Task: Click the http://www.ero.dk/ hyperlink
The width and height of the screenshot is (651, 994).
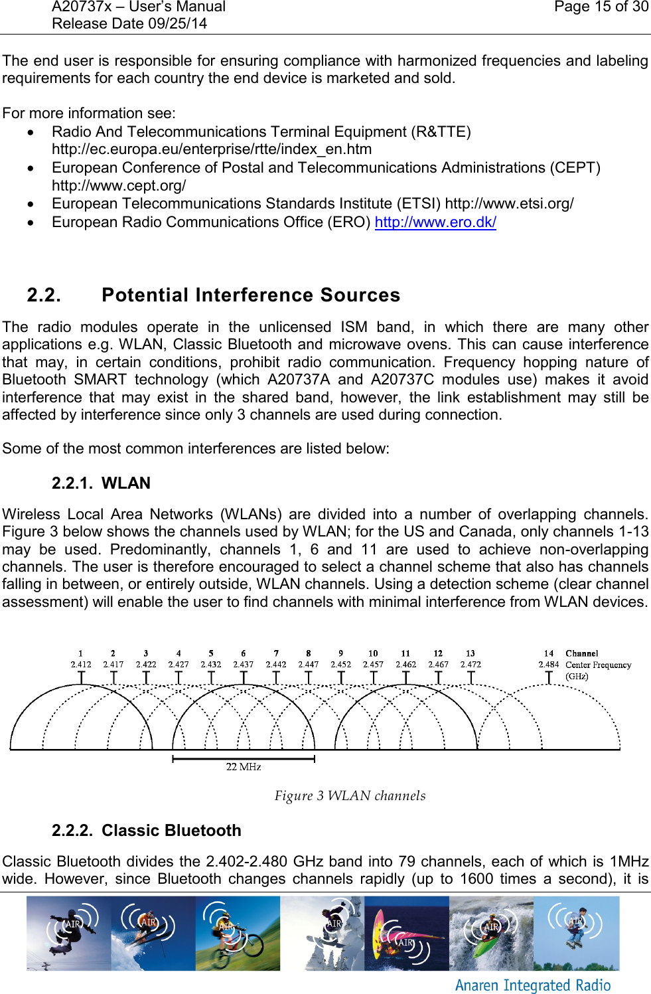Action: [435, 222]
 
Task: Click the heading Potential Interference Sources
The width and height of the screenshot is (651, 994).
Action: [251, 295]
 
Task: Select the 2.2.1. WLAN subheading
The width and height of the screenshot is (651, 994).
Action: [101, 483]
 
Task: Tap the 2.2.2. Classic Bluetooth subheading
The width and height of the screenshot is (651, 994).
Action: [146, 830]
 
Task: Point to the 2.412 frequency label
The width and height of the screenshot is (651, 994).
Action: [81, 664]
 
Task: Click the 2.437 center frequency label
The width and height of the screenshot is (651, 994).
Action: [243, 664]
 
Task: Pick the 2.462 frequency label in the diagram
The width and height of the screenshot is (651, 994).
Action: [405, 664]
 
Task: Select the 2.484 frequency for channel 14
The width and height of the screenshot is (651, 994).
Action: [548, 664]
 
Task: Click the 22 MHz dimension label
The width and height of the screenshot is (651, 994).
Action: [244, 767]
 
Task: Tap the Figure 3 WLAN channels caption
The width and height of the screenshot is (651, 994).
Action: [350, 795]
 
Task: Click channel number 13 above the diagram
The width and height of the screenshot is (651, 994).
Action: [470, 653]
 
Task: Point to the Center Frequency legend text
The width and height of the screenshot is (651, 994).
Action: [598, 665]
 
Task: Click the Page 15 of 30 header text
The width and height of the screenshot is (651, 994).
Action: [601, 7]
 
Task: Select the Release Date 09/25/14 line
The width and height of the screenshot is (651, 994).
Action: [129, 24]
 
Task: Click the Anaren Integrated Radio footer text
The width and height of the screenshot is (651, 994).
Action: [533, 985]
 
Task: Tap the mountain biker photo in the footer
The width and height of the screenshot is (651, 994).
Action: [238, 933]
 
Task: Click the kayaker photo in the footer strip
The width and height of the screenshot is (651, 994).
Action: [491, 933]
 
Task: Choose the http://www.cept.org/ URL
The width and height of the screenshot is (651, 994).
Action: [119, 185]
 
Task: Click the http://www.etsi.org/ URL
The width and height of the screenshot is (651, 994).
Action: [509, 203]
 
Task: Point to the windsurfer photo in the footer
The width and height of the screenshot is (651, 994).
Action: [406, 933]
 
